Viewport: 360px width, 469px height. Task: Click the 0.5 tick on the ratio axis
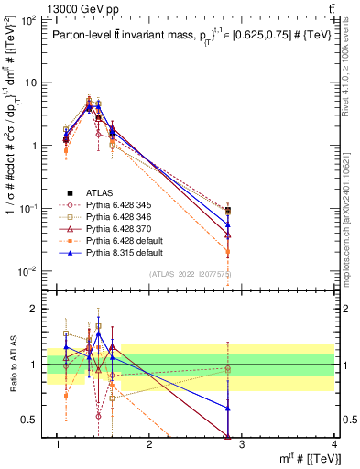(x=33, y=420)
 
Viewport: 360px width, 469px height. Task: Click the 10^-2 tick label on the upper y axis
(x=28, y=271)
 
